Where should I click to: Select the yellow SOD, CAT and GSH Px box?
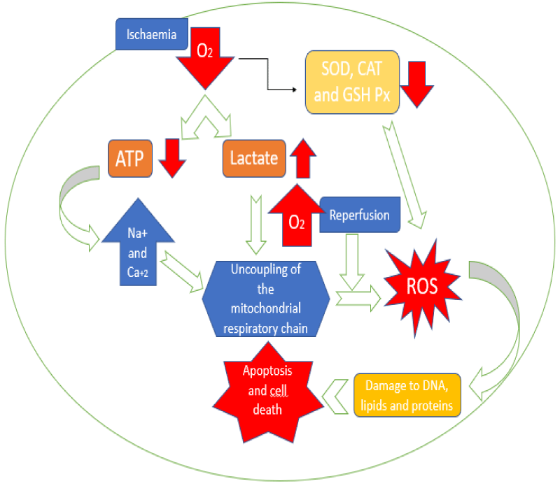(352, 81)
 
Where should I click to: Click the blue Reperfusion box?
(359, 214)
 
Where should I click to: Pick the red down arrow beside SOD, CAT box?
(419, 83)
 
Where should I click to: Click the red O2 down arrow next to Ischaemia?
(207, 56)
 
